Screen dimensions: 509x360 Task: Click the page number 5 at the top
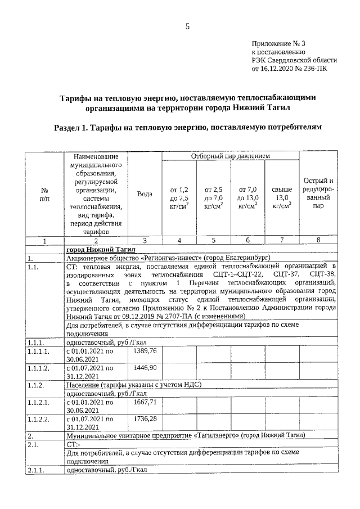pos(188,26)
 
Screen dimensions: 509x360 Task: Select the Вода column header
pos(145,193)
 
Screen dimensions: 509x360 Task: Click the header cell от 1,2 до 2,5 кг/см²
pos(179,198)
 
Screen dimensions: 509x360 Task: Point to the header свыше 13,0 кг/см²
pos(281,198)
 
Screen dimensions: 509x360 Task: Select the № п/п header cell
pos(44,193)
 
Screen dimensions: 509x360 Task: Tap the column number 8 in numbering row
pos(318,240)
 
